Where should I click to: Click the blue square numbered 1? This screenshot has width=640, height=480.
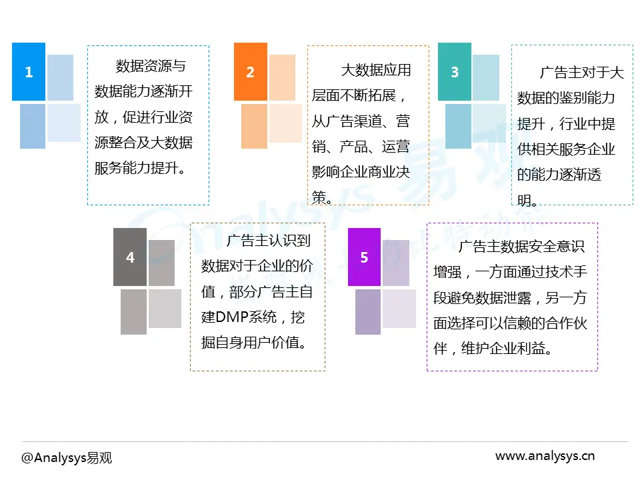(29, 72)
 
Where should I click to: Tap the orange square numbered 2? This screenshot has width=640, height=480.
(251, 72)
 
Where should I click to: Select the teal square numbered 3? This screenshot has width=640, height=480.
(455, 72)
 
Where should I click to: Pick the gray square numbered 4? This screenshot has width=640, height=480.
(130, 257)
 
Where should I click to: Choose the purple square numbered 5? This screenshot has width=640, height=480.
(364, 257)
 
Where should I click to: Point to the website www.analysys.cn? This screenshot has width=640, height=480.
(545, 457)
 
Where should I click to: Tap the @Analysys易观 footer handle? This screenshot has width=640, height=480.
(67, 458)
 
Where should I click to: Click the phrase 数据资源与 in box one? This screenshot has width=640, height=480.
(151, 66)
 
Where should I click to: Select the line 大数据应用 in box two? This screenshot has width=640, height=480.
(376, 70)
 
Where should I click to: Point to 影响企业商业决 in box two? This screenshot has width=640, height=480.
(361, 171)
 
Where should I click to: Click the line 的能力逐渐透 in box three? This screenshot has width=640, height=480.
(559, 175)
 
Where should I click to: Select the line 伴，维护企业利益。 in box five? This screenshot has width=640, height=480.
(493, 348)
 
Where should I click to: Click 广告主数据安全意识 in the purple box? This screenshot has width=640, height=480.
(521, 247)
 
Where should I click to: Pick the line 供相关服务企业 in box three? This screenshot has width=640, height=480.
(566, 149)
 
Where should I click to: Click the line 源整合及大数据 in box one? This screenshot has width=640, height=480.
(143, 142)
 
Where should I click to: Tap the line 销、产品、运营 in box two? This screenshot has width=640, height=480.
(361, 146)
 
